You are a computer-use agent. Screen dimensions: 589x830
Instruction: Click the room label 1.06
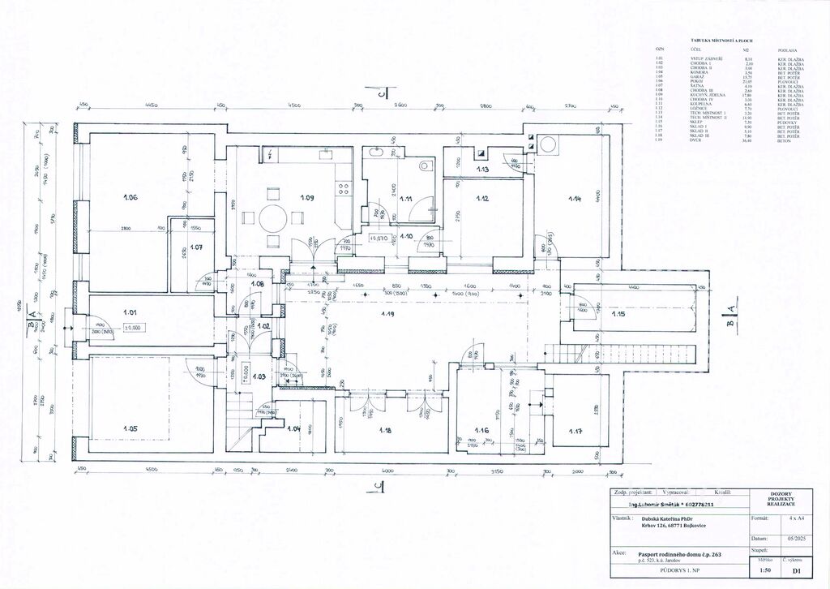point(130,197)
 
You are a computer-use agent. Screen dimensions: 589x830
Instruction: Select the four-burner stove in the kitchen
point(344,187)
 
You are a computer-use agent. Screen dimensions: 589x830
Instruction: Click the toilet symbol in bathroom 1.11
point(426,166)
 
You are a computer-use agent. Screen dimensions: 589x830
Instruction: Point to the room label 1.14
point(575,198)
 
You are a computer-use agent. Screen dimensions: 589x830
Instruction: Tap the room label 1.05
point(130,428)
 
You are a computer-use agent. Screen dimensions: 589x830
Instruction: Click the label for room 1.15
point(618,314)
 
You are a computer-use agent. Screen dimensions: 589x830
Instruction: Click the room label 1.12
point(481,199)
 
